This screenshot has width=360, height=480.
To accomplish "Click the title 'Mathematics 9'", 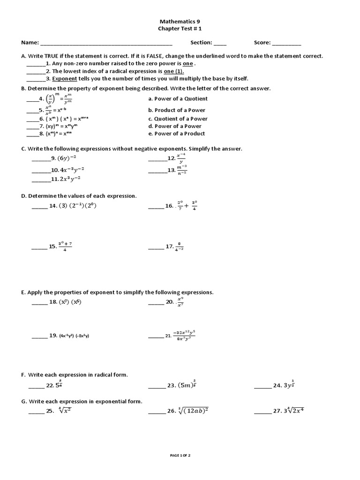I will click(x=180, y=22).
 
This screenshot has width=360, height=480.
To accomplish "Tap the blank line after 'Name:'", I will click(x=106, y=44).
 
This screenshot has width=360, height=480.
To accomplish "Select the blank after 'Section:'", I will click(x=220, y=44).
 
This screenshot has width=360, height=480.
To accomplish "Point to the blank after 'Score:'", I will click(x=286, y=44).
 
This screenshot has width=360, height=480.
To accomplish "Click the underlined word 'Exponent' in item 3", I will click(x=64, y=78).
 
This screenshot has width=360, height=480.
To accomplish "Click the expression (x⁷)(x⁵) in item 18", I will click(x=70, y=302).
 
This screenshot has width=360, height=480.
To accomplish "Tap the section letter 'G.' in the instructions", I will click(x=24, y=401).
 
